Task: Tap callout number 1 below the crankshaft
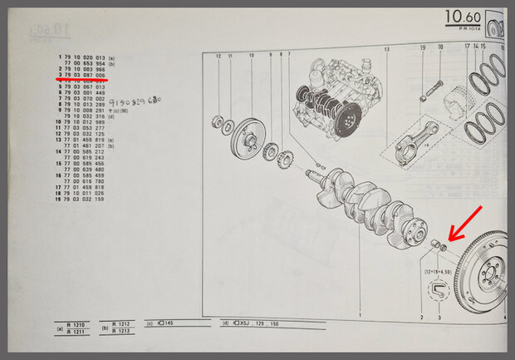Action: coord(360,318)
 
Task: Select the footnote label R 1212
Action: coord(122,324)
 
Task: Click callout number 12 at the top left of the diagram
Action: coord(218,56)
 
